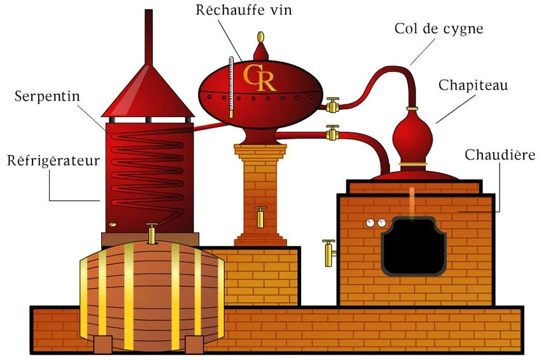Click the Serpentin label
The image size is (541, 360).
(x=43, y=97)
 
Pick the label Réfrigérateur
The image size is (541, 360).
(x=53, y=160)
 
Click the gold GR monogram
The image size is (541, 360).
(x=260, y=77)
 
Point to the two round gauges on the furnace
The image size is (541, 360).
(x=376, y=223)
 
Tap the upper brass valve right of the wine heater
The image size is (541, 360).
(x=332, y=104)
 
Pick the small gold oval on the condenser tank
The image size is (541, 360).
(x=112, y=224)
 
